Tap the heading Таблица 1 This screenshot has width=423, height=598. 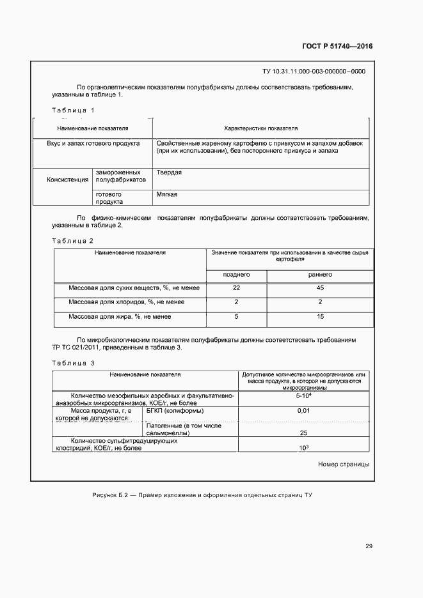coord(73,111)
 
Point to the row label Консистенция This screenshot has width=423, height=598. coord(67,180)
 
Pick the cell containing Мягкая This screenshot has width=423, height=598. coord(166,194)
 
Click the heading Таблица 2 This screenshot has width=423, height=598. coord(72,240)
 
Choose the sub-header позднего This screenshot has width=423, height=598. coord(235,275)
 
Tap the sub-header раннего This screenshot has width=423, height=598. coord(320,275)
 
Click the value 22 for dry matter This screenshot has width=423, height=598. coord(236,288)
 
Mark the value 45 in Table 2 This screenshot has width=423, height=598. coord(321,288)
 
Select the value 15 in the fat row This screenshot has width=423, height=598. coord(321,316)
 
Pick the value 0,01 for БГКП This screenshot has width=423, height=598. coord(303,411)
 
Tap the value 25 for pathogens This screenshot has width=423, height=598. coord(303,433)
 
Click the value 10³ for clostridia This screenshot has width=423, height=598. coord(303,447)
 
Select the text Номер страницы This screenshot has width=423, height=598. coord(344,464)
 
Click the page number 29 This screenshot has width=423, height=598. coord(369,546)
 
